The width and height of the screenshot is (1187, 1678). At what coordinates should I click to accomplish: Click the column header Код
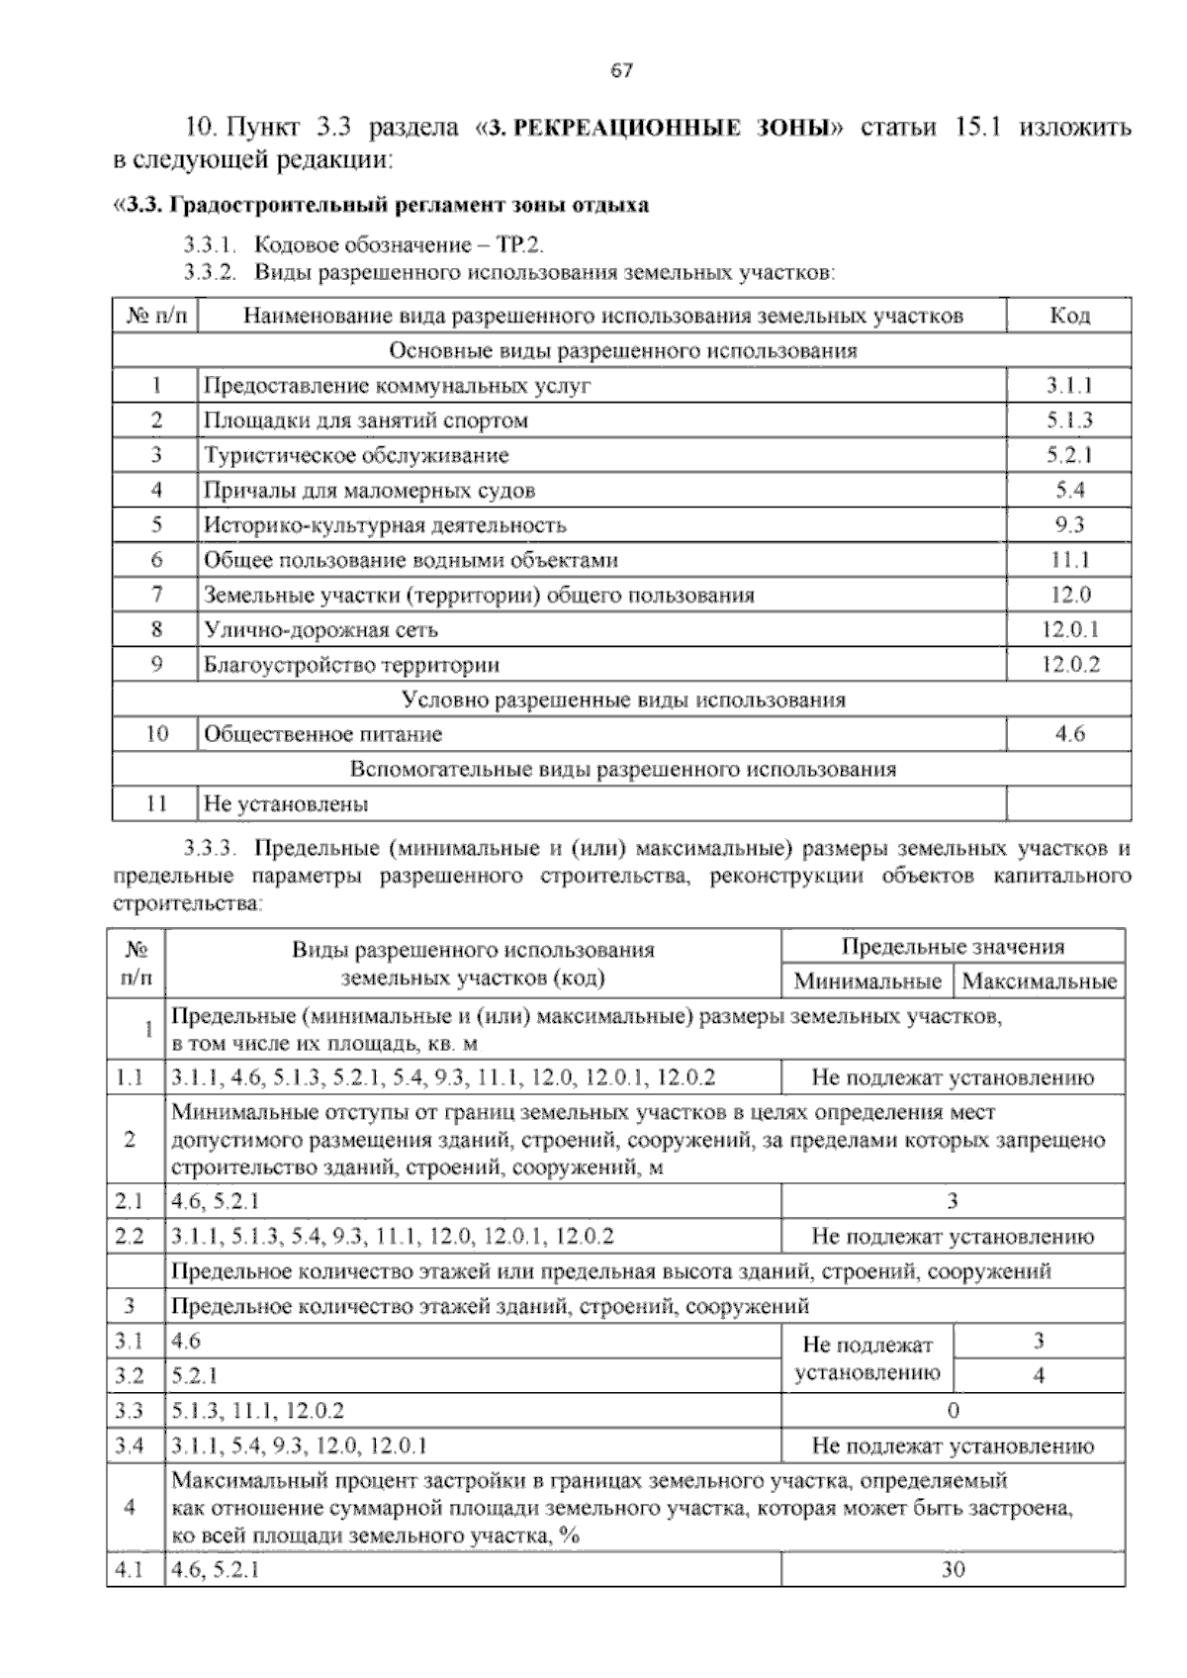[1069, 316]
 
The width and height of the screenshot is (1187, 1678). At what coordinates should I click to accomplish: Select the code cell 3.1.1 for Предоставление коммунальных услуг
[1069, 386]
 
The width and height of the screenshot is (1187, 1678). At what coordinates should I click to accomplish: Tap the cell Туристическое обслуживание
[356, 456]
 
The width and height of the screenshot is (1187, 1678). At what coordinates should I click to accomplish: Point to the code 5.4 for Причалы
[1069, 491]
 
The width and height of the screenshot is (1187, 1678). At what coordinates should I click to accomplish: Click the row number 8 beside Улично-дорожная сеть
[156, 629]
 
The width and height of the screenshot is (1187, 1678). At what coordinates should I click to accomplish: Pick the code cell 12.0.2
[1069, 665]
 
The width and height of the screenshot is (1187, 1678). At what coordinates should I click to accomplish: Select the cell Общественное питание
[323, 734]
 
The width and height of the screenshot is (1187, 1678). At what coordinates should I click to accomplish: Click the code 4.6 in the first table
[1069, 734]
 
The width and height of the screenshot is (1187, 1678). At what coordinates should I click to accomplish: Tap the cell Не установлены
[286, 804]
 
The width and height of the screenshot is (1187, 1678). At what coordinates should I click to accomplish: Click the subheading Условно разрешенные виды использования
[623, 699]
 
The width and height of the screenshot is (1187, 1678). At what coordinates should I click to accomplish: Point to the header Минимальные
[867, 981]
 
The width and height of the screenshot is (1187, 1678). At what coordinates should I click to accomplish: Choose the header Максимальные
[1039, 981]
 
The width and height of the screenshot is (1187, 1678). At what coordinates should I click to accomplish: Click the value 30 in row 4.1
[953, 1569]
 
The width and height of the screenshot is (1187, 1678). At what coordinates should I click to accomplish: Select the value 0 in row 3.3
[953, 1411]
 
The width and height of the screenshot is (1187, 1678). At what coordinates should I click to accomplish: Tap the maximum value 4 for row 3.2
[1039, 1376]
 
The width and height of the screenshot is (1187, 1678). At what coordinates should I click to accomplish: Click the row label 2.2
[130, 1236]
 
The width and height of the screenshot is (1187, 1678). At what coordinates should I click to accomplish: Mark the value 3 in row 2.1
[953, 1202]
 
